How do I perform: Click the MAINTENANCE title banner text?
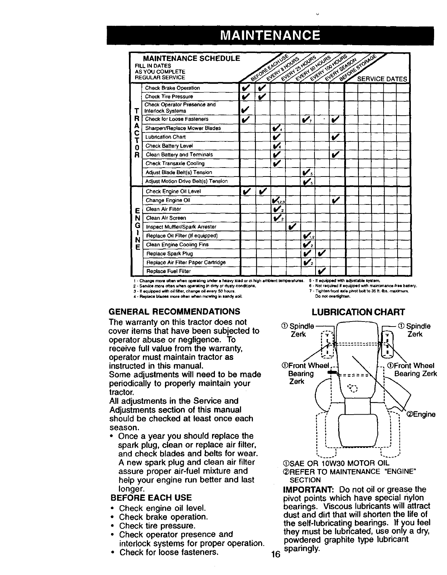coord(270,35)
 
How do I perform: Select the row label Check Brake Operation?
coord(172,88)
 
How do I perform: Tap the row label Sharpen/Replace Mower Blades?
coord(183,128)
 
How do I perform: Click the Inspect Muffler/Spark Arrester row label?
coord(181,227)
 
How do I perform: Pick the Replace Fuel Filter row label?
coord(168,271)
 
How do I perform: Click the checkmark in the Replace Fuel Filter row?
coord(322,271)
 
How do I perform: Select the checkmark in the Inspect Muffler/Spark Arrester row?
coord(292,227)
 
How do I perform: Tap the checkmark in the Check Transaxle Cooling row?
coord(277,163)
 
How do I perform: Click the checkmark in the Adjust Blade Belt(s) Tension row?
coord(307,172)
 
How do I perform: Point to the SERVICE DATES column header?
coord(383,79)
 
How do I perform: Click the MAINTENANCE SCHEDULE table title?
coord(192,58)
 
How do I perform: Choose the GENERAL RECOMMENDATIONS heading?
coord(174,311)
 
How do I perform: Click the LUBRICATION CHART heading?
coord(358,312)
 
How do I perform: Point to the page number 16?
coord(275,555)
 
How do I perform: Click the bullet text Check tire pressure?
coord(157,526)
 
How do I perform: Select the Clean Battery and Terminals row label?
coord(179,155)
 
